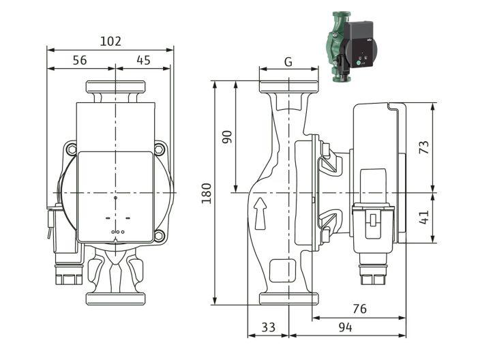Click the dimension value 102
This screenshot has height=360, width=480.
pyautogui.click(x=110, y=41)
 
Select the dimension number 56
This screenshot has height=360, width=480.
pyautogui.click(x=80, y=60)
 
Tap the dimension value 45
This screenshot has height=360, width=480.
pyautogui.click(x=143, y=60)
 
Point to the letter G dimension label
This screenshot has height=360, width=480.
pyautogui.click(x=288, y=62)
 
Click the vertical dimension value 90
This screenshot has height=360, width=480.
pyautogui.click(x=227, y=136)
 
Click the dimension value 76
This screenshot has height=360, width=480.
pyautogui.click(x=359, y=309)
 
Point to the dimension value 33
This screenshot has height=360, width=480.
pyautogui.click(x=269, y=327)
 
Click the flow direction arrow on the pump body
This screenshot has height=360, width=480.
pyautogui.click(x=260, y=213)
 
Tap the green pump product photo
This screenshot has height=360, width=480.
pyautogui.click(x=350, y=46)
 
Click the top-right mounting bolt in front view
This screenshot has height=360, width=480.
pyautogui.click(x=160, y=149)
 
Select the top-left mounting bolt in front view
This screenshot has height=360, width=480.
pyautogui.click(x=70, y=149)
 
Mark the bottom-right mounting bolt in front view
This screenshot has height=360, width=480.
pyautogui.click(x=160, y=237)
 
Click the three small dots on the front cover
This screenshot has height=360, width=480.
pyautogui.click(x=115, y=232)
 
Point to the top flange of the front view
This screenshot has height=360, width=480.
pyautogui.click(x=115, y=87)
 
